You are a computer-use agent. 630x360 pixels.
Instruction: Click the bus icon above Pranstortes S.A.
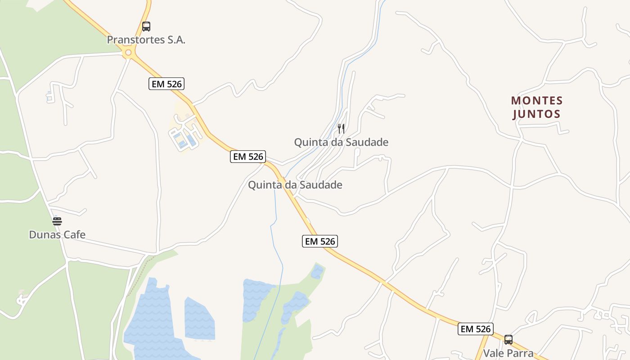[x=146, y=27]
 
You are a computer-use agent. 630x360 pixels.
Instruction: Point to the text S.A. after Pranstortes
[x=175, y=40]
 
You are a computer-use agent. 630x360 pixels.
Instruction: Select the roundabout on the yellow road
[x=129, y=53]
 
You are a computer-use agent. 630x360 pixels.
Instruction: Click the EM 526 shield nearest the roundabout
[x=166, y=84]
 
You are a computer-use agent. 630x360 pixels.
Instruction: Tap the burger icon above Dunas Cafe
[x=57, y=221]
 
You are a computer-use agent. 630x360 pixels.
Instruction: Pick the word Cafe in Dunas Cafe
[x=74, y=234]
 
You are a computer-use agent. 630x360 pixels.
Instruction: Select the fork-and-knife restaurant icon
[x=341, y=129]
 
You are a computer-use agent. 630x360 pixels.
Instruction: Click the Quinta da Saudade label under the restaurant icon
[x=341, y=142]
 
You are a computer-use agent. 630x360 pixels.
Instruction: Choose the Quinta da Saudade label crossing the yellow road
[x=295, y=185]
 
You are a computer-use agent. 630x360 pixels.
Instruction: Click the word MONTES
[x=537, y=100]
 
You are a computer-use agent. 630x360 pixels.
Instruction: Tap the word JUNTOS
[x=537, y=114]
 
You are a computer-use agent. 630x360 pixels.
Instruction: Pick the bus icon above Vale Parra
[x=508, y=340]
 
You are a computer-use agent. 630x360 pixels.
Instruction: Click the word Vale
[x=493, y=353]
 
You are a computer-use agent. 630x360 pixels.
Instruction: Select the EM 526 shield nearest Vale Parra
[x=476, y=329]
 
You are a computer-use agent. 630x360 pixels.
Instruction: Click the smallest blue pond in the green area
[x=317, y=271]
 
